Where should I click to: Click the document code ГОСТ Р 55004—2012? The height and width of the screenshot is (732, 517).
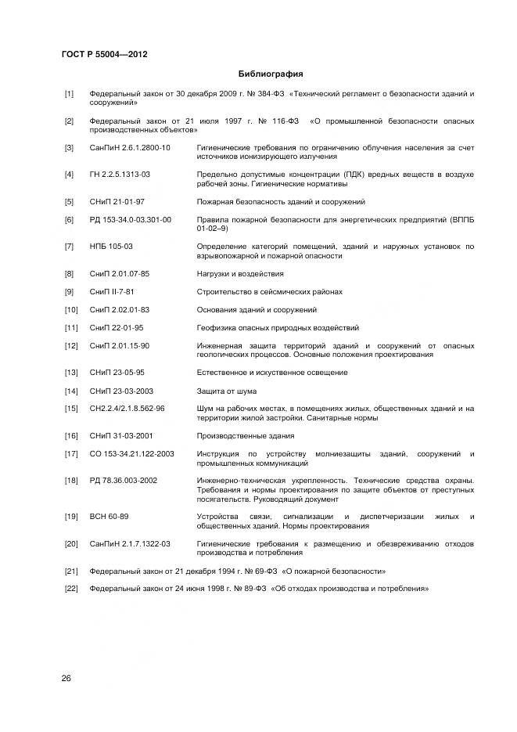coord(104,55)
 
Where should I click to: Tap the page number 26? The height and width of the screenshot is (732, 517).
coord(66,678)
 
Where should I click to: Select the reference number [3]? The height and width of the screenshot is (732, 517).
coord(69,148)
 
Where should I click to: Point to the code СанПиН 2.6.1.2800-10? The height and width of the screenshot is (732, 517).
coord(130,148)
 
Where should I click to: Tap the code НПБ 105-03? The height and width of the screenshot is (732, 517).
coord(111,247)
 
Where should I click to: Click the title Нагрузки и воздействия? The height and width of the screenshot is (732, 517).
coord(240,274)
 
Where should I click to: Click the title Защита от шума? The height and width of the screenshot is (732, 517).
coord(227,391)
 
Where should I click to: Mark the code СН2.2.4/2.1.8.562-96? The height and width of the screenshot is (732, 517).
coord(127,408)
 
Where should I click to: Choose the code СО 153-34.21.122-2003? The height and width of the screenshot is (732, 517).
coord(131,454)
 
